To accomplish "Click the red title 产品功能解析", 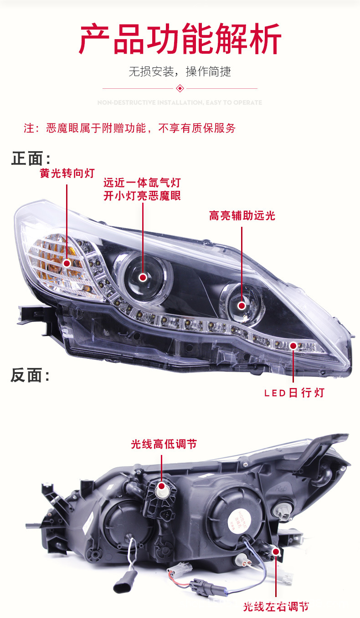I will (180, 40).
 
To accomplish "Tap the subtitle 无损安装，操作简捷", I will (180, 72).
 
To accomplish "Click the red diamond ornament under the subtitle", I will (180, 88).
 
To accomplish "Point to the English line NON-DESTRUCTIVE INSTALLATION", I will (180, 103).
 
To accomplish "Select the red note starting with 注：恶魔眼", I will (130, 128).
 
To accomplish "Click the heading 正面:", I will (31, 158).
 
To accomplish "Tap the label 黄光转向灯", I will (67, 174).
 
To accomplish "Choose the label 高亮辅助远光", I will (242, 215).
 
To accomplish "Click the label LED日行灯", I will (294, 393).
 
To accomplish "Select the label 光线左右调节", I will (276, 607).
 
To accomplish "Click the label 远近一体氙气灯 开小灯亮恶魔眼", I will (142, 189).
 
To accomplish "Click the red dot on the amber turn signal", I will (67, 263).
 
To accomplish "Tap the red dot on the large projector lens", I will (143, 277).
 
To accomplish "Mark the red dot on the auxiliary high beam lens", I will (242, 305).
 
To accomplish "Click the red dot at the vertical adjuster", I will (162, 486).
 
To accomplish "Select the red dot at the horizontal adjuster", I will (276, 552).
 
